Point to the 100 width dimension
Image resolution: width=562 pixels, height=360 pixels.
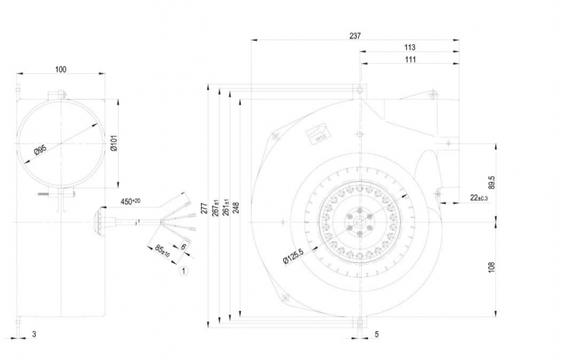[60, 69]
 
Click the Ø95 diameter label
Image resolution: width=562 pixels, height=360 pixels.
[41, 150]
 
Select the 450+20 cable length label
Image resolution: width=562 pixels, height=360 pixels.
[130, 202]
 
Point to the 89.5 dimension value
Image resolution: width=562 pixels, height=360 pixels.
[492, 183]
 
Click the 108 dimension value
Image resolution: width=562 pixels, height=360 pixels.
[492, 266]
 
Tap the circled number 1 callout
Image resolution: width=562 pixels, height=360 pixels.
[184, 269]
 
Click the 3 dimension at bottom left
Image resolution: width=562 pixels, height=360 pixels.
[34, 334]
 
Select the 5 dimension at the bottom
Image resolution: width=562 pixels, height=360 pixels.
[377, 334]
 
